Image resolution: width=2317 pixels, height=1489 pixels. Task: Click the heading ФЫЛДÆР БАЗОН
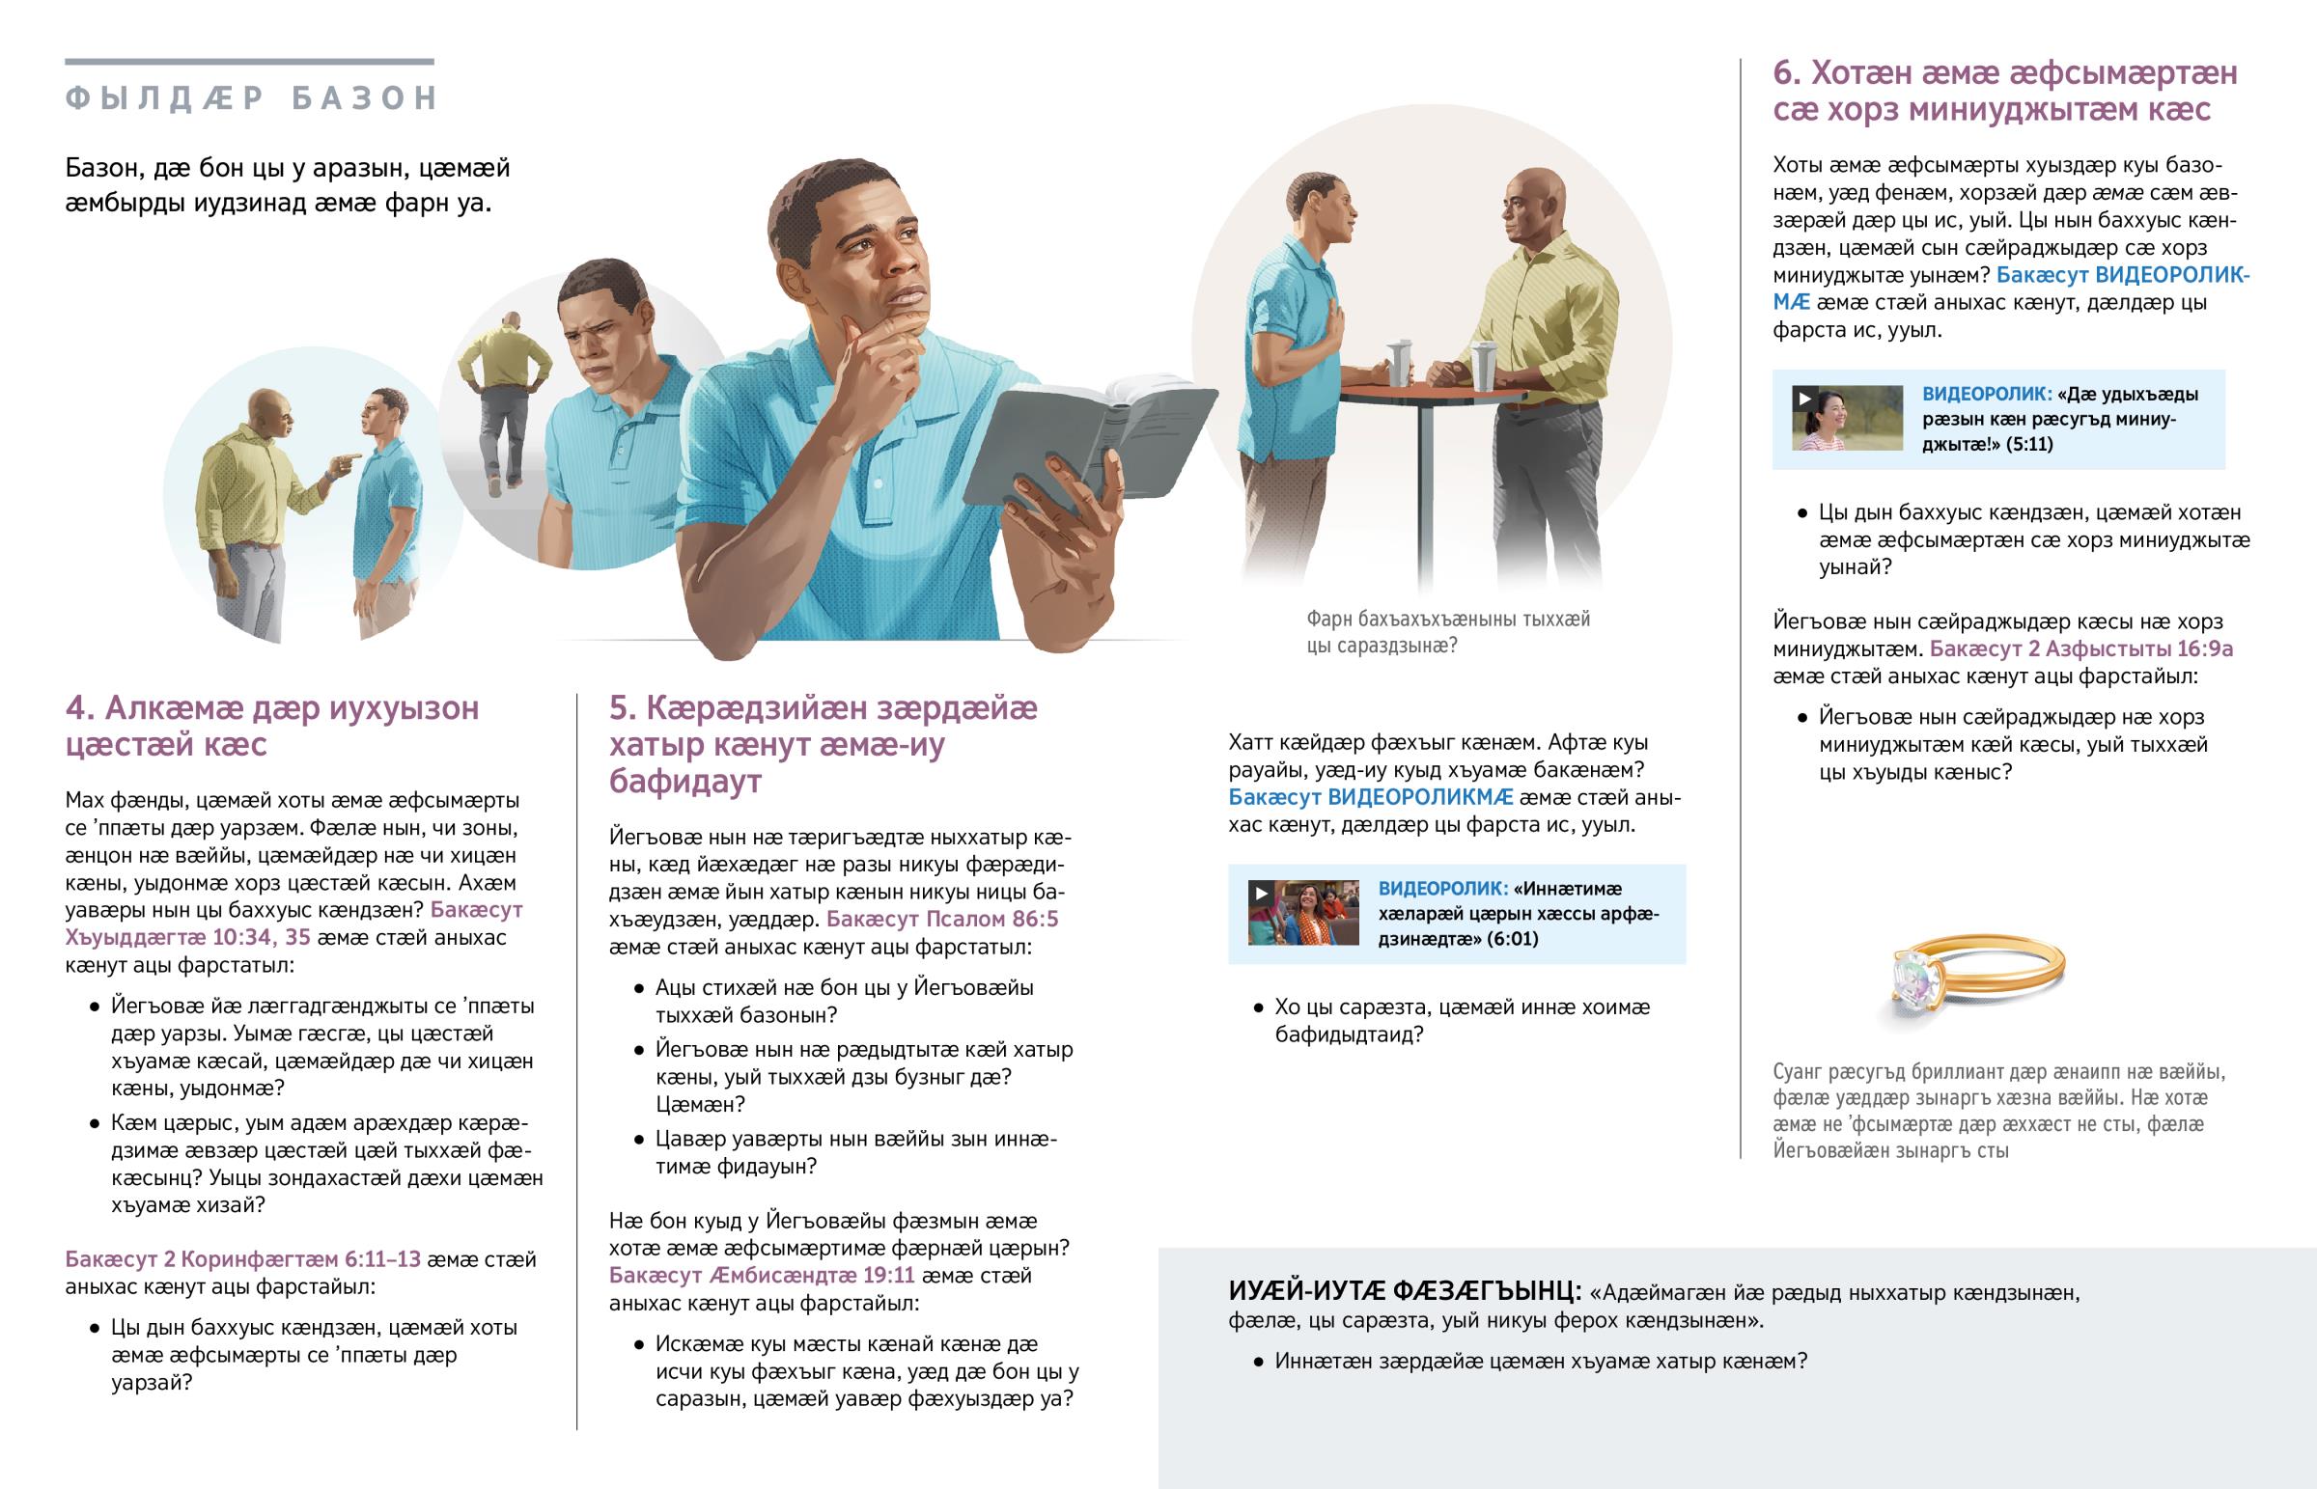coord(251,97)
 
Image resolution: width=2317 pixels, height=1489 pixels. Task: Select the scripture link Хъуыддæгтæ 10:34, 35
coord(186,937)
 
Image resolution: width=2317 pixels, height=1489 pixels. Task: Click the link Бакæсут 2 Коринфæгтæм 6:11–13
coord(242,1259)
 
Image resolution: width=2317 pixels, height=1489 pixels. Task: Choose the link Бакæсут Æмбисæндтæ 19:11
coord(762,1276)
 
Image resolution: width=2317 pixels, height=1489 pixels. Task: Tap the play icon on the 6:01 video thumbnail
coord(1260,894)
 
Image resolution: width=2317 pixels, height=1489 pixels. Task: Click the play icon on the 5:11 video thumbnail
coord(1804,399)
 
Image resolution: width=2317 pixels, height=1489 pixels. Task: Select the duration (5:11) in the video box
coord(2028,444)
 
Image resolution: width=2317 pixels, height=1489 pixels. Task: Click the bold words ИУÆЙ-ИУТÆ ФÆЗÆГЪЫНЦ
coord(1404,1291)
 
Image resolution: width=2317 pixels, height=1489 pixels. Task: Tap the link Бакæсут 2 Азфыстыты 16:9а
coord(2081,648)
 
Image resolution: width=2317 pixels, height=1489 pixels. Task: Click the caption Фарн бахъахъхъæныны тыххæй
coord(1447,619)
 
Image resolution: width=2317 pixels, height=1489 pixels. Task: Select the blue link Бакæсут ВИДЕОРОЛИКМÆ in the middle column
coord(1370,798)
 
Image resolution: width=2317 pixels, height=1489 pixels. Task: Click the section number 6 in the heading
coord(1785,72)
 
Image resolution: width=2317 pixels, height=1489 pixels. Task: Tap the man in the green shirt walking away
coord(504,401)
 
